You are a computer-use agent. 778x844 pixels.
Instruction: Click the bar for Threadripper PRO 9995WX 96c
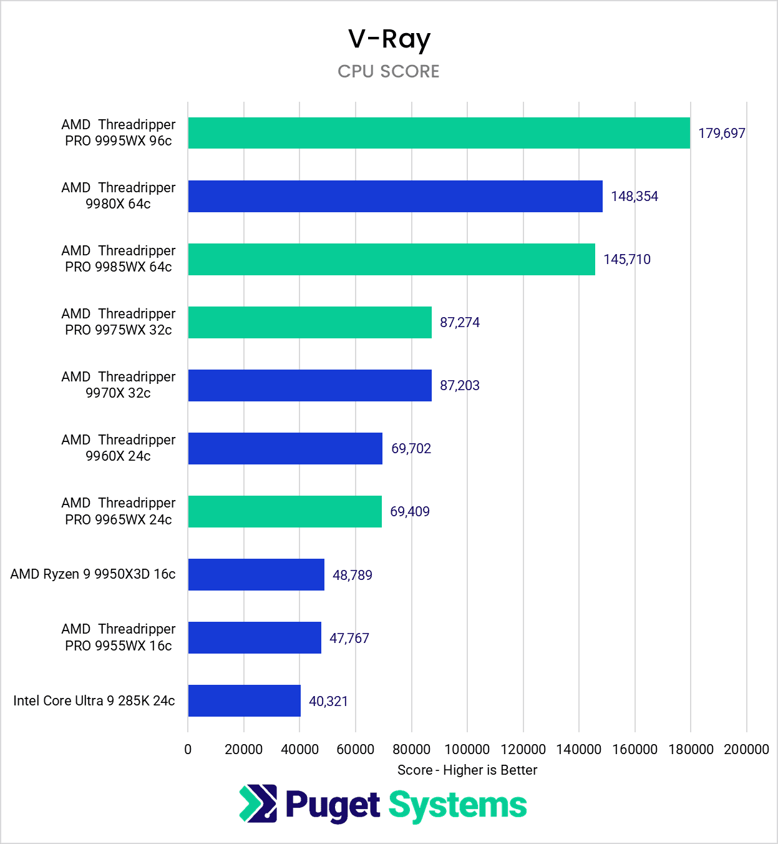439,133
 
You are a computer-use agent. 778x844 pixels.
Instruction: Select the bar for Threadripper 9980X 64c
395,196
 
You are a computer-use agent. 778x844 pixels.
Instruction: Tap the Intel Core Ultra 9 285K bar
244,700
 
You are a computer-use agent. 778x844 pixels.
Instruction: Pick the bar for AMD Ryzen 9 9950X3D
256,574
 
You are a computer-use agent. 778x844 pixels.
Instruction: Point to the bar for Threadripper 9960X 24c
285,448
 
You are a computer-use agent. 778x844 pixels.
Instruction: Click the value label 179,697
721,133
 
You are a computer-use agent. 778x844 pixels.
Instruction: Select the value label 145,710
626,259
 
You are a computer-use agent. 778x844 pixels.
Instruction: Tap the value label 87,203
459,385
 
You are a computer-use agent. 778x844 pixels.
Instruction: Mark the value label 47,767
349,638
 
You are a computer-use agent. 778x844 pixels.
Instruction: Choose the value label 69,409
409,511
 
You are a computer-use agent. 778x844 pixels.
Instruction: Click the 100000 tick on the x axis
467,749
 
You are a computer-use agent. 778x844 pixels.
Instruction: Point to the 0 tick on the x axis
188,749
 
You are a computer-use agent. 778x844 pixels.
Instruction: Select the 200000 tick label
746,749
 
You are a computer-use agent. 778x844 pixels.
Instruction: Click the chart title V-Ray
389,39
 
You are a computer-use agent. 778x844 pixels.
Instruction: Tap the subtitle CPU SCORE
389,71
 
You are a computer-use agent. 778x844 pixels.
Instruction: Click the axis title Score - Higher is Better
467,770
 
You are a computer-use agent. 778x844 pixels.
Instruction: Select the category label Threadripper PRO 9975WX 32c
118,321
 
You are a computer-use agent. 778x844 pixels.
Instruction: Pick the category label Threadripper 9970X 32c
118,385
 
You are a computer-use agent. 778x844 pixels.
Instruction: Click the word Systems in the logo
457,805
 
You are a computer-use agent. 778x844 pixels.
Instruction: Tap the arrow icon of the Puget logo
258,803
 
